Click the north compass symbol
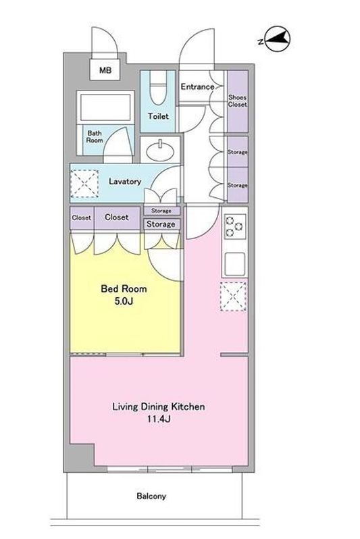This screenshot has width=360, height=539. [x=275, y=39]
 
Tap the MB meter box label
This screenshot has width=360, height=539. [x=105, y=70]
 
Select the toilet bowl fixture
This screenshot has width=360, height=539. [x=158, y=88]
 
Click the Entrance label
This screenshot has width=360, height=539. [x=197, y=86]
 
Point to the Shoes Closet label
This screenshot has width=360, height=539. [x=238, y=101]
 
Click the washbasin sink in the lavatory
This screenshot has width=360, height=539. [x=160, y=150]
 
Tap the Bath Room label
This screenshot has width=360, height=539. [x=95, y=136]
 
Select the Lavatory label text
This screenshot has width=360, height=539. [x=125, y=181]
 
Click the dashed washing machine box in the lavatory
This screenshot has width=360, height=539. [x=84, y=184]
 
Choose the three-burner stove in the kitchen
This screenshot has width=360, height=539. [x=235, y=226]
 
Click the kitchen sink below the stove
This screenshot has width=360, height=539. [x=235, y=263]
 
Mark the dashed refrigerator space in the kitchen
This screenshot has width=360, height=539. [x=233, y=297]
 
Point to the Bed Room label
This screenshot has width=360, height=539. [x=124, y=288]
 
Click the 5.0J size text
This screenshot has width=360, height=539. [x=124, y=301]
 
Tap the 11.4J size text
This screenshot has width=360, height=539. [x=159, y=419]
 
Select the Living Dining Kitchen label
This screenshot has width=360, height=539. [x=159, y=407]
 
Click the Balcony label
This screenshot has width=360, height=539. [x=151, y=496]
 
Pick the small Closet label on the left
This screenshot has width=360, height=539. [x=82, y=217]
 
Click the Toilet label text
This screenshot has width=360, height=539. [x=158, y=116]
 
